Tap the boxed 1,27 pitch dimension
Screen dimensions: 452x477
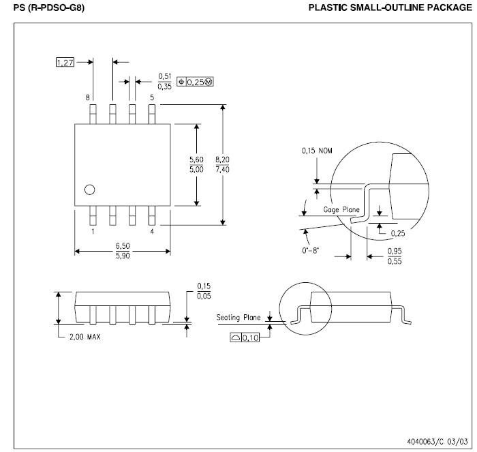(64, 62)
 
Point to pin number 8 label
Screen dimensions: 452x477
(87, 97)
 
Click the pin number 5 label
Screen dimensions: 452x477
(152, 97)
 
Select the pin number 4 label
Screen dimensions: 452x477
(152, 231)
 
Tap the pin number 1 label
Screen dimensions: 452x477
(93, 231)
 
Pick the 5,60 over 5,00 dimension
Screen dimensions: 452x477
(196, 164)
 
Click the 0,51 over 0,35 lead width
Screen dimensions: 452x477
(164, 81)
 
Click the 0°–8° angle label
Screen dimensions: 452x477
(311, 252)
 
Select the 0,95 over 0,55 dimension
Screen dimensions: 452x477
(394, 256)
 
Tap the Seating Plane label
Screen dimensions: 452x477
(238, 317)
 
